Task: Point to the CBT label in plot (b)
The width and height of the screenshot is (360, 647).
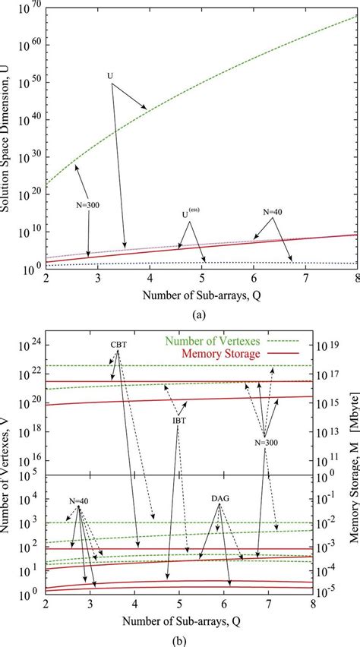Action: (119, 343)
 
